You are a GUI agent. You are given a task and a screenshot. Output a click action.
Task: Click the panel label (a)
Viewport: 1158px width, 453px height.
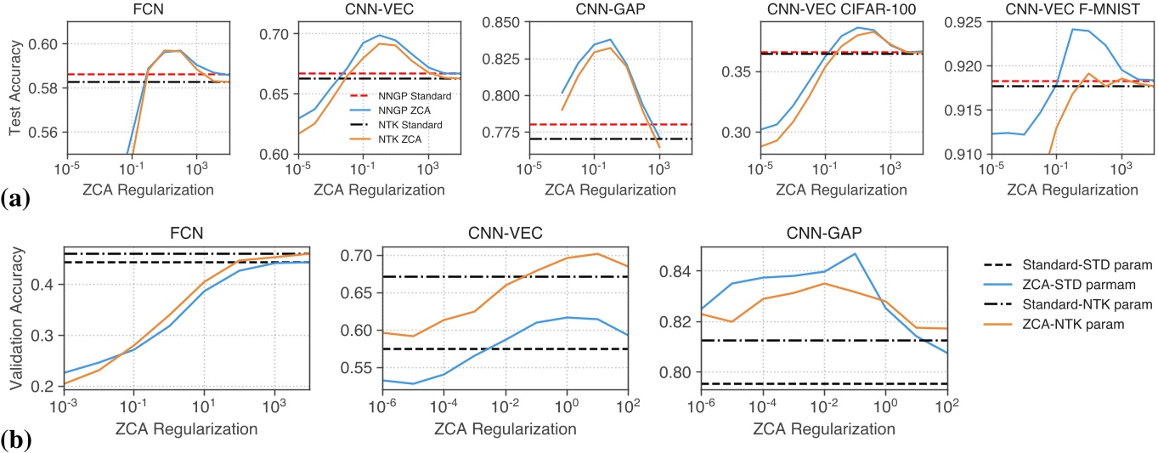tap(16, 201)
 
